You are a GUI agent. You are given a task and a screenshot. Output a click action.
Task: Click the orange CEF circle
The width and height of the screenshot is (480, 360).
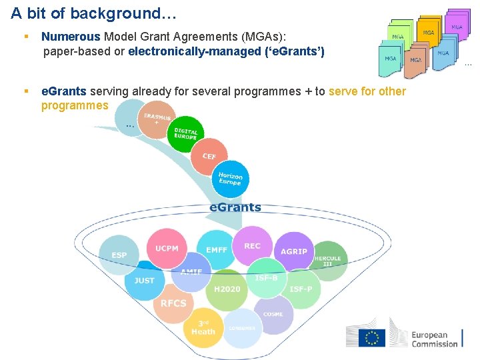pos(209,155)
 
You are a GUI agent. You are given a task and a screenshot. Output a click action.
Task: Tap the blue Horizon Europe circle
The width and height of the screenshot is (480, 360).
pos(231,179)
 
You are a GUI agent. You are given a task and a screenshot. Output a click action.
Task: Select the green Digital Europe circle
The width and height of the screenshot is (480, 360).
pos(185,133)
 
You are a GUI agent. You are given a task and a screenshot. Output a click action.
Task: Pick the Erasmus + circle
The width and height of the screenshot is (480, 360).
pos(157,119)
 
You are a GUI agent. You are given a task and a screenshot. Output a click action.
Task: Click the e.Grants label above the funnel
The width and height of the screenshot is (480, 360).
pos(235,207)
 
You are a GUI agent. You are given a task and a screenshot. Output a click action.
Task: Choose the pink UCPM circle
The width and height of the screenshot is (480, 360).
pos(167,249)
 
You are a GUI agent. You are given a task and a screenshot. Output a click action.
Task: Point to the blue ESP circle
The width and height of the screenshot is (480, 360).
pos(119,255)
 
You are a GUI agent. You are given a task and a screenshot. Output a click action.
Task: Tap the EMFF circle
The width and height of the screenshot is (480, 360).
pos(217,250)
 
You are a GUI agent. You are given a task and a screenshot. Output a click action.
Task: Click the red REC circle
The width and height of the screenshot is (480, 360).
pos(252,247)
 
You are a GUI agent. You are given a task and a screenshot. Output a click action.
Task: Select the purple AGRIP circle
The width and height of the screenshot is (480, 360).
pos(294,251)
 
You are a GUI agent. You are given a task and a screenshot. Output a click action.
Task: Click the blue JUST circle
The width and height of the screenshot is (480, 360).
pos(144,281)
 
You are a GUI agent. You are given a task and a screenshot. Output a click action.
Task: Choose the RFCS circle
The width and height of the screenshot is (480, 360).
pos(173,303)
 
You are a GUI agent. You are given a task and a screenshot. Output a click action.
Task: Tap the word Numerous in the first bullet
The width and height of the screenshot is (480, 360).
pos(71,37)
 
